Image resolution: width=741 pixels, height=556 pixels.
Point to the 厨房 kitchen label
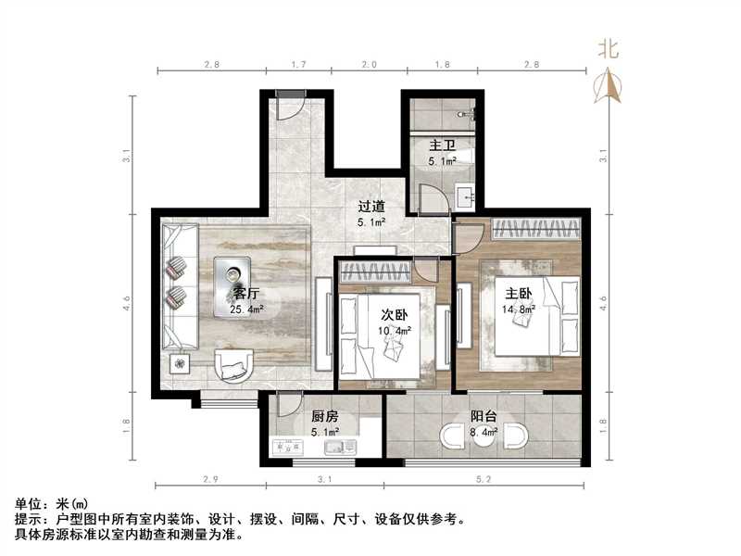click(x=323, y=416)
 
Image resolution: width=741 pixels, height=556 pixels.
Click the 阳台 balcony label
click(x=481, y=416)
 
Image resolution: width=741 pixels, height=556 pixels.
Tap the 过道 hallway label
click(x=372, y=207)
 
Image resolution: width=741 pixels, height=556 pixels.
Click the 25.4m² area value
click(x=248, y=310)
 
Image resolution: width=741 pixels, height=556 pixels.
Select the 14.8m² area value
click(x=519, y=309)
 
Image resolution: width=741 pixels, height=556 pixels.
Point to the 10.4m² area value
click(x=395, y=331)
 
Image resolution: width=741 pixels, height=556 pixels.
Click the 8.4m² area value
click(x=483, y=431)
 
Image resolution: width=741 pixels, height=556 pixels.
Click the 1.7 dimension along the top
click(x=299, y=65)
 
